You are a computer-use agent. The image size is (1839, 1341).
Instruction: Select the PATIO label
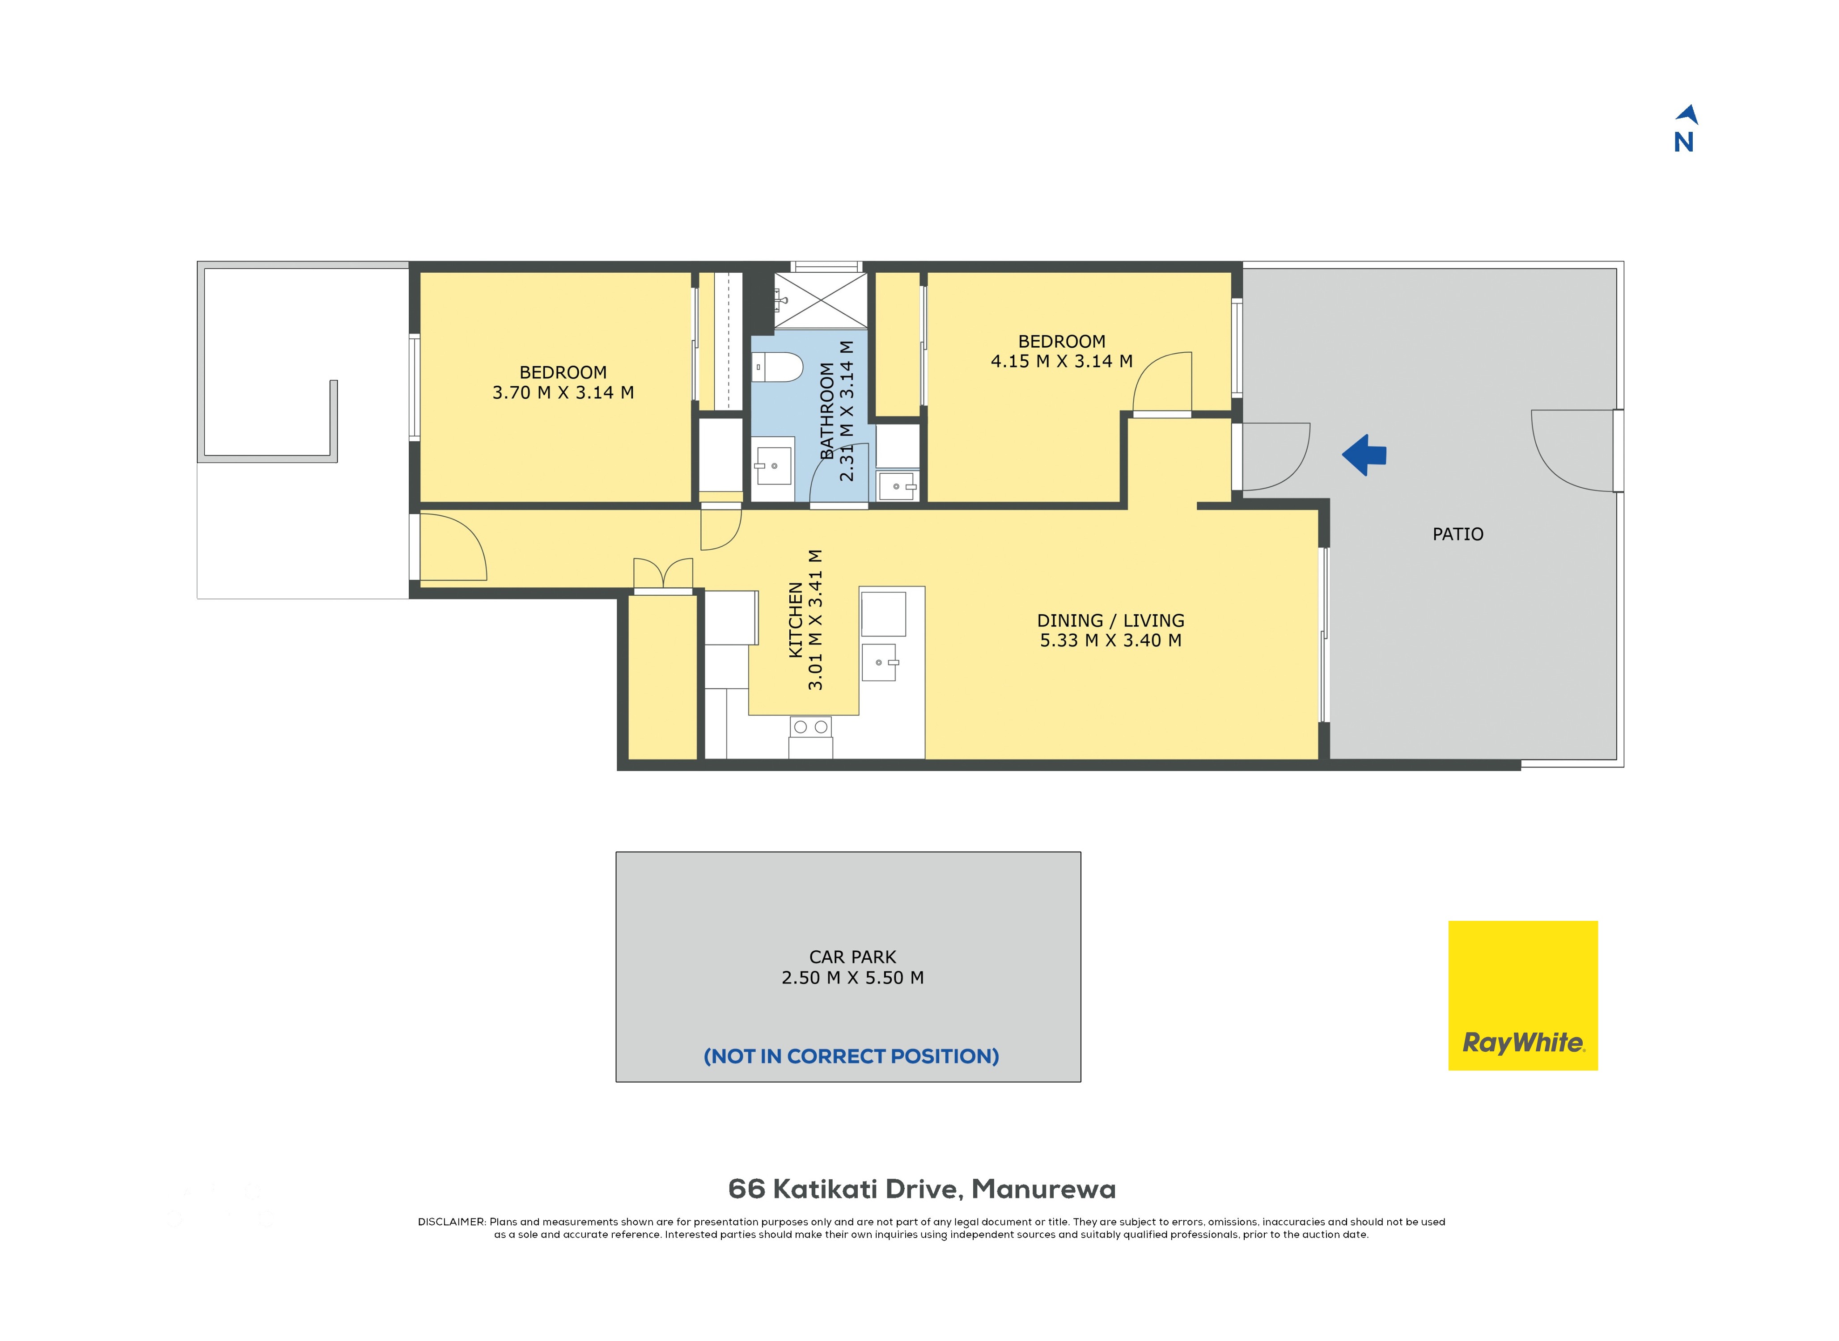tap(1458, 534)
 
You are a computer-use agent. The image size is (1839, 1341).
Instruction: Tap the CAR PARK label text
tap(852, 957)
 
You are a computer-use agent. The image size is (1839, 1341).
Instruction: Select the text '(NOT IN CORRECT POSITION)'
tap(851, 1056)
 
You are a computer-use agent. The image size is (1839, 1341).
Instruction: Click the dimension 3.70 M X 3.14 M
tap(563, 393)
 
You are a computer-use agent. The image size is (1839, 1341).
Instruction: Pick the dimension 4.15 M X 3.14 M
tap(1061, 361)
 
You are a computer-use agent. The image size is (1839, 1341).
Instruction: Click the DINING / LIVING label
tap(1110, 621)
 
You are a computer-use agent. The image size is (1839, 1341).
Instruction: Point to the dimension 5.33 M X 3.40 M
tap(1110, 641)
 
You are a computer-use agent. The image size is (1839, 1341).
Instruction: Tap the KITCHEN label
tap(796, 620)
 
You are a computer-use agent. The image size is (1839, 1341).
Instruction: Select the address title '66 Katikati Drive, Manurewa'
tap(922, 1189)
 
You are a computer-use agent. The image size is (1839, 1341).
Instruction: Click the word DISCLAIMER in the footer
tap(451, 1222)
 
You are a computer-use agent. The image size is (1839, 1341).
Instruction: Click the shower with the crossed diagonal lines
tap(821, 300)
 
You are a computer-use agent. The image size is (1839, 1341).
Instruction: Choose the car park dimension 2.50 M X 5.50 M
tap(852, 978)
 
